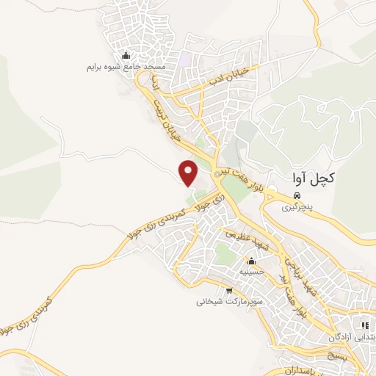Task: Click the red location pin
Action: pyautogui.click(x=189, y=172)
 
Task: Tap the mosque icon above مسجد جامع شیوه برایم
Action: pyautogui.click(x=126, y=56)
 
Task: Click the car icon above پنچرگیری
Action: pyautogui.click(x=297, y=196)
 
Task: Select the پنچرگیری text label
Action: pyautogui.click(x=299, y=208)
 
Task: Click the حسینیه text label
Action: pyautogui.click(x=251, y=272)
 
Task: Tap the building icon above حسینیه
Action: pyautogui.click(x=251, y=261)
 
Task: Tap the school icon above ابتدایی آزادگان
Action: pyautogui.click(x=363, y=325)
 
